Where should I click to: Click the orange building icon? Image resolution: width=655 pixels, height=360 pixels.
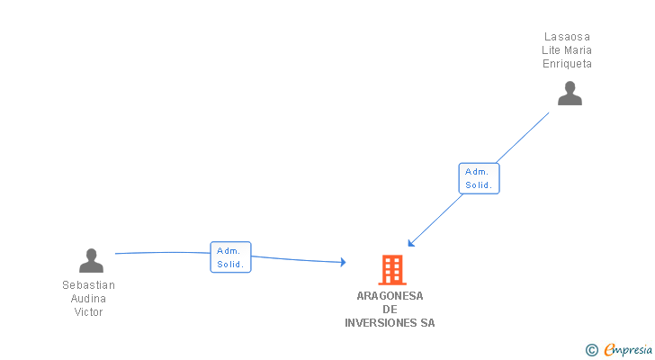(x=391, y=270)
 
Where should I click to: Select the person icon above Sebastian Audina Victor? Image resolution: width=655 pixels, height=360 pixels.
(x=91, y=261)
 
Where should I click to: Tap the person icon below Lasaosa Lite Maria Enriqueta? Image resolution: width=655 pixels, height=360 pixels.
(x=570, y=94)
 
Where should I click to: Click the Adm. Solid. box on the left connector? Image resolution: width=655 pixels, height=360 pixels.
(x=230, y=257)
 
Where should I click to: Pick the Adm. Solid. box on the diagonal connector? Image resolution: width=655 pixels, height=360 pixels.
(x=479, y=178)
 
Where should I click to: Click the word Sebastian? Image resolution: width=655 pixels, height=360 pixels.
(x=88, y=285)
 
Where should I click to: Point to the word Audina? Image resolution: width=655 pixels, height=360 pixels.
(x=88, y=299)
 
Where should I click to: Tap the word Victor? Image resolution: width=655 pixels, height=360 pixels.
(x=88, y=312)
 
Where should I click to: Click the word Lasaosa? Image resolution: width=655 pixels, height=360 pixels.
(x=567, y=37)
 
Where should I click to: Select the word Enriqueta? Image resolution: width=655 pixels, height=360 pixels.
(x=567, y=64)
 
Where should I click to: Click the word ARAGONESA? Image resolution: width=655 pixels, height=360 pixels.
(x=390, y=296)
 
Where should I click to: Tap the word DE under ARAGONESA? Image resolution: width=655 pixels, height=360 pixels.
(x=390, y=310)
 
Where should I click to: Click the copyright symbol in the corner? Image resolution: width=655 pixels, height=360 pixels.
(x=591, y=350)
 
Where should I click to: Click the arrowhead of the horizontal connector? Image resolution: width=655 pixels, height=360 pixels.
(x=343, y=262)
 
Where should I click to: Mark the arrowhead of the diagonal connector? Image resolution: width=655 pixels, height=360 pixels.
(x=410, y=243)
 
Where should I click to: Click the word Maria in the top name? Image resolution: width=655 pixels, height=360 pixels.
(x=577, y=50)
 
